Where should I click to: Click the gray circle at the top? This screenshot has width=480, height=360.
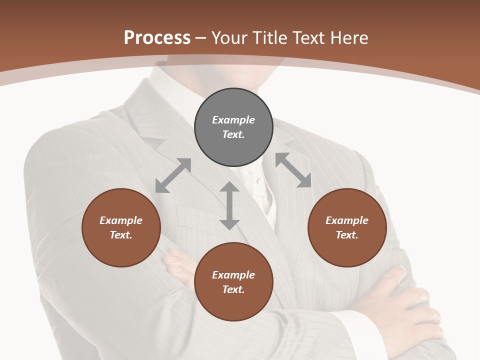tap(233, 127)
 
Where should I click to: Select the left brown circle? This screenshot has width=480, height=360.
tap(121, 227)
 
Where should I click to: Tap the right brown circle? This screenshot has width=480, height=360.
tap(347, 227)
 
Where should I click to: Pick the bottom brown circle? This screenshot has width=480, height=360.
tap(233, 282)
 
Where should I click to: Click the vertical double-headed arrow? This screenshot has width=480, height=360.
tap(229, 205)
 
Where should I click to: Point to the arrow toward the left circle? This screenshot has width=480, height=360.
tap(173, 175)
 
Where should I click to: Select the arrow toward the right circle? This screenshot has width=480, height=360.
tap(293, 170)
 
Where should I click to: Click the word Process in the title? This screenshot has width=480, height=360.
tap(157, 38)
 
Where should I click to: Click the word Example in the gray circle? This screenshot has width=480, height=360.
tap(233, 120)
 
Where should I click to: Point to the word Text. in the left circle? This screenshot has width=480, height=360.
tap(121, 235)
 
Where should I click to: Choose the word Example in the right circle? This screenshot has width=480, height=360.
tap(347, 220)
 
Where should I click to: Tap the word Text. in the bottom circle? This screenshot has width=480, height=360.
tap(233, 289)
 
